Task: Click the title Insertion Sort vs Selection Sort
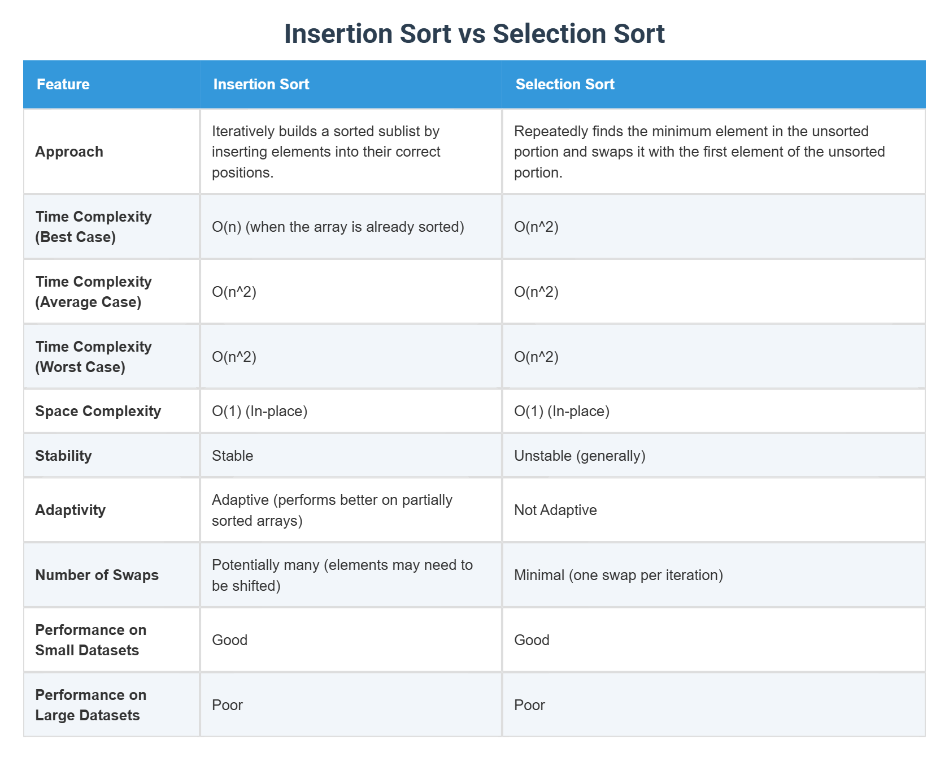(x=474, y=34)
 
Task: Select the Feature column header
(x=63, y=84)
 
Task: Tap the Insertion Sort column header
(x=261, y=84)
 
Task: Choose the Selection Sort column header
(x=565, y=84)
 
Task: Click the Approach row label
(x=69, y=152)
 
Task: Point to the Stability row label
(x=63, y=456)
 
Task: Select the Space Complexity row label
(x=98, y=411)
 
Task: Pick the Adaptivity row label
(x=71, y=510)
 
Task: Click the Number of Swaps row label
(x=97, y=575)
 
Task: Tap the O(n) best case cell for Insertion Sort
(x=338, y=227)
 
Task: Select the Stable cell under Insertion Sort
(x=233, y=456)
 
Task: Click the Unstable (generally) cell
(x=580, y=456)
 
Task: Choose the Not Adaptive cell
(x=555, y=510)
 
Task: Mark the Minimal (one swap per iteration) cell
(x=619, y=575)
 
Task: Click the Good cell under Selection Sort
(x=532, y=640)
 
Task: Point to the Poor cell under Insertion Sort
(x=227, y=705)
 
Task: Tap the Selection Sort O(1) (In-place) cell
(x=561, y=411)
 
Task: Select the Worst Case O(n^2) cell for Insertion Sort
(x=234, y=357)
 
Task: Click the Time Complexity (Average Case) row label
(x=93, y=292)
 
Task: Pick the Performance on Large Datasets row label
(x=90, y=705)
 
